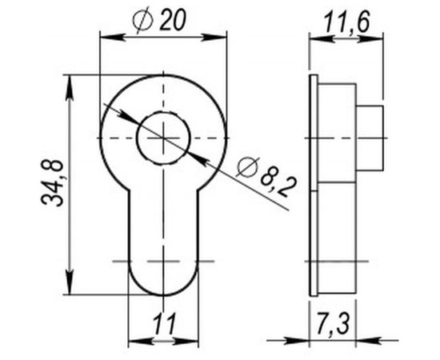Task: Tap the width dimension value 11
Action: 164,324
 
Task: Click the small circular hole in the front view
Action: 163,138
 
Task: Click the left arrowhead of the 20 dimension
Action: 105,35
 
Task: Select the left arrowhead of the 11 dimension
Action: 135,340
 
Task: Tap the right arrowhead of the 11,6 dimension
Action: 382,35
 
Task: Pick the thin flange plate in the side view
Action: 314,184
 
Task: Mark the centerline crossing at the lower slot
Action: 163,261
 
